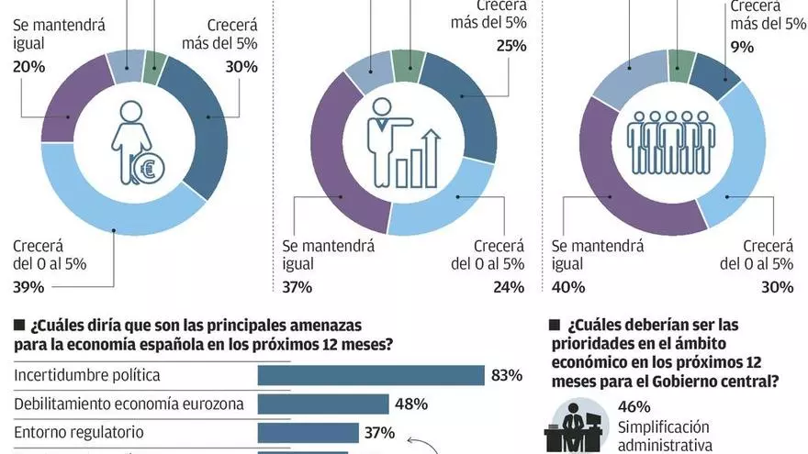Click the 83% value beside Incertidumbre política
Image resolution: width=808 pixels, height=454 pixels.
coord(507,375)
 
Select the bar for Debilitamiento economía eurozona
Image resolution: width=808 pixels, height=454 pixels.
coord(323,404)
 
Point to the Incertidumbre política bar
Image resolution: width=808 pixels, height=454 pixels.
coord(370,375)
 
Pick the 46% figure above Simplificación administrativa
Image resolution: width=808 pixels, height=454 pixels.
coord(633,406)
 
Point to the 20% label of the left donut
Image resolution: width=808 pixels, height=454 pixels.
coord(28,66)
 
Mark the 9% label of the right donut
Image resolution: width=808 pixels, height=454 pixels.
coord(742,46)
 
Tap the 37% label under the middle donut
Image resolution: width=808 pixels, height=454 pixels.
coord(297,287)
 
